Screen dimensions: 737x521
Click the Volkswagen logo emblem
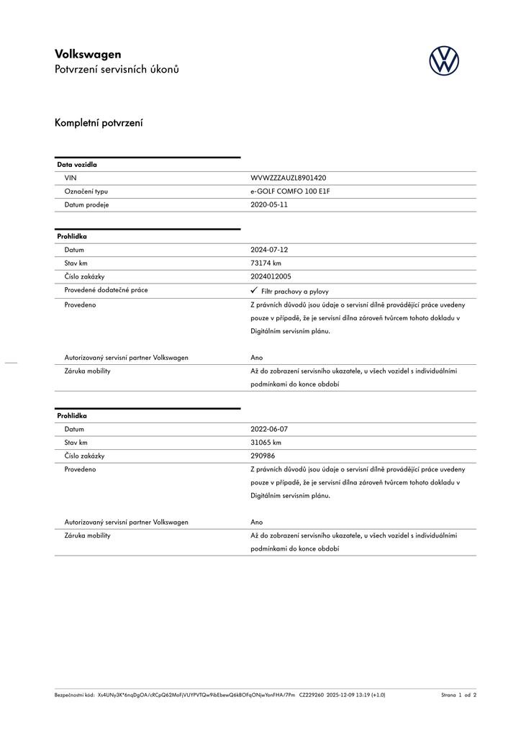pos(444,60)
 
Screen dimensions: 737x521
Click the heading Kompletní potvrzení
pos(99,123)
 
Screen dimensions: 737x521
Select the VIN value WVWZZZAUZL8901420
pos(288,178)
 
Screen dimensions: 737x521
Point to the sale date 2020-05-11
pos(268,204)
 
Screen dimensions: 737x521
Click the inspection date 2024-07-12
pos(268,250)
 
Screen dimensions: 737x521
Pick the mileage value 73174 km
pos(266,263)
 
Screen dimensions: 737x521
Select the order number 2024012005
pos(271,276)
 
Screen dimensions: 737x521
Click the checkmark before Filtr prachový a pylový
pos(254,290)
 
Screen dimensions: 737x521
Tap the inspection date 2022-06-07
pos(268,429)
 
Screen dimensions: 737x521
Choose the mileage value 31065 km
pos(266,443)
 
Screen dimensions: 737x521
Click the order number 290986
pos(263,456)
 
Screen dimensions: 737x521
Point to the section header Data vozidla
pos(77,165)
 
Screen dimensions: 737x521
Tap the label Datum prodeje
pos(86,204)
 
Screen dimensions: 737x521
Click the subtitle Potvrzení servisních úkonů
pos(117,70)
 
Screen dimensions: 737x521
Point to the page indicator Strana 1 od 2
pos(458,695)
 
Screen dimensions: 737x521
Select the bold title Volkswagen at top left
pos(88,54)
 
